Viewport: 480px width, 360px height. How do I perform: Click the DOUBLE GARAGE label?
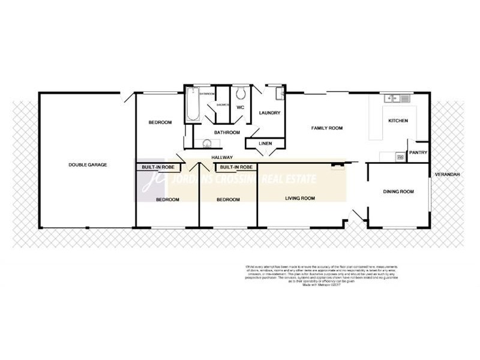point(88,164)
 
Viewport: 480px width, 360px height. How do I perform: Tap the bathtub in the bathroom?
point(191,104)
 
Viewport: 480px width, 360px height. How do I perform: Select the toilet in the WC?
point(240,94)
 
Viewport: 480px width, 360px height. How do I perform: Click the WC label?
point(240,107)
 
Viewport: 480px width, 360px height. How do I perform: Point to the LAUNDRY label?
point(269,113)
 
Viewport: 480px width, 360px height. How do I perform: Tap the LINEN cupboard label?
point(265,144)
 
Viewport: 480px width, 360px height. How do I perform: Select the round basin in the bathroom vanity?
point(207,142)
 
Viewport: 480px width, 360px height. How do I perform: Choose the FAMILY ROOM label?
point(326,128)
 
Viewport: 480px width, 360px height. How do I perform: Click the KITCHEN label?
point(398,121)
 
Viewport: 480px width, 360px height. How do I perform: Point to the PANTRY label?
point(418,152)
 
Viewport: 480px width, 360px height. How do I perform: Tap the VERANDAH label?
point(447,174)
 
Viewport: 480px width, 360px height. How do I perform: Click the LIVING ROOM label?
point(300,198)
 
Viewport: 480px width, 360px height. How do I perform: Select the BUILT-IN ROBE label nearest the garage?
point(157,167)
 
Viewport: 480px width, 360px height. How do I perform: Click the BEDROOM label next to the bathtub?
point(160,122)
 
